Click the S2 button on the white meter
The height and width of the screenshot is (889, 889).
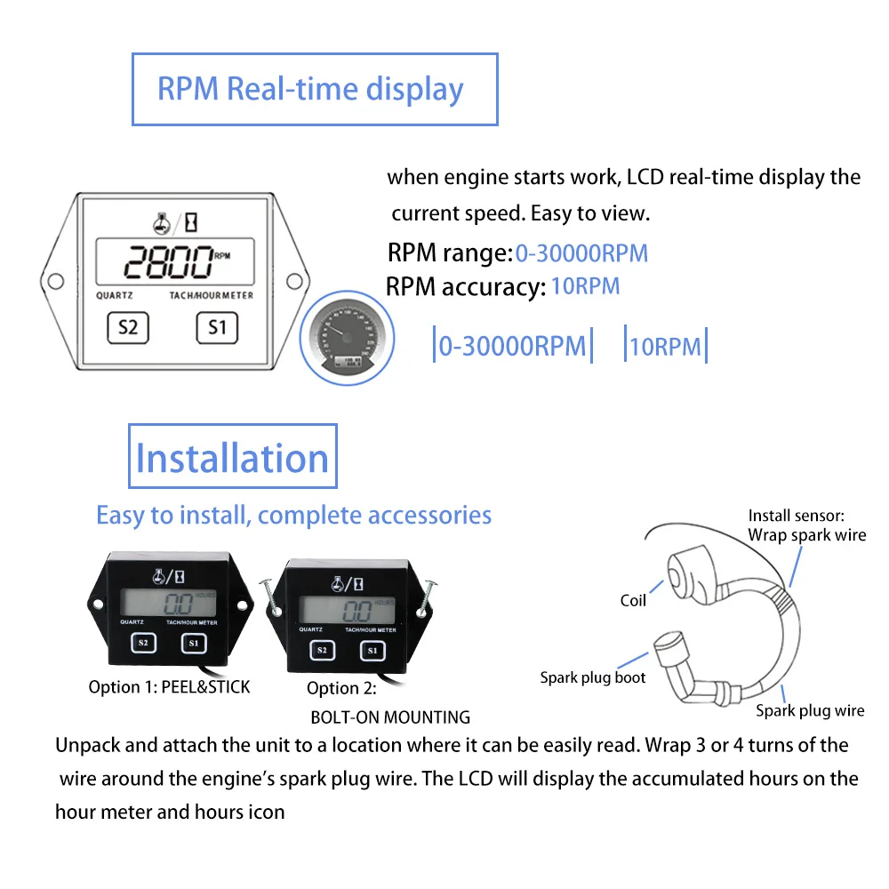click(128, 327)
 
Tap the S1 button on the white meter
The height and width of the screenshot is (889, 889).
click(218, 327)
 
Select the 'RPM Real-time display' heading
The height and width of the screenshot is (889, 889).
click(310, 89)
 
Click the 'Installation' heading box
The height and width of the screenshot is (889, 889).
click(233, 457)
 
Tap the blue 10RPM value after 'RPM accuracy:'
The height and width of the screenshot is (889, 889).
click(585, 286)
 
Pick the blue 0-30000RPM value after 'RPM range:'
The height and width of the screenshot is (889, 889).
click(581, 253)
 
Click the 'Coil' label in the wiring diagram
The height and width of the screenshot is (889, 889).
click(633, 601)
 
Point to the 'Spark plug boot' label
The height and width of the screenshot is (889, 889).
click(593, 678)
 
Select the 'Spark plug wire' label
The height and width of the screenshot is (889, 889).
click(810, 710)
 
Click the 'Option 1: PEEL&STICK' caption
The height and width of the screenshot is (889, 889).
click(169, 687)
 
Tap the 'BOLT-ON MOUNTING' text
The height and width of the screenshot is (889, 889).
click(390, 717)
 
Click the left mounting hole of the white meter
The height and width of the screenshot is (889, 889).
click(55, 281)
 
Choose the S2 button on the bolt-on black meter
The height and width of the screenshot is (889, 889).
click(322, 651)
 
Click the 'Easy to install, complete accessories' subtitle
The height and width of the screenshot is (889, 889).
click(293, 515)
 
